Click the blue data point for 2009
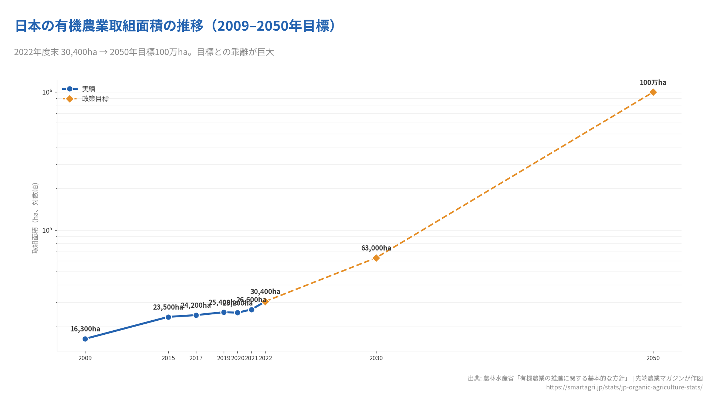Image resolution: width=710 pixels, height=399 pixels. pos(85,339)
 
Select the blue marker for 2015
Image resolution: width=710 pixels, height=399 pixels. pos(168,317)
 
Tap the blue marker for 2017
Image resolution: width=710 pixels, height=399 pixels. pos(196,315)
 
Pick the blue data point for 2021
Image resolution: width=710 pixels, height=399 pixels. pos(251,310)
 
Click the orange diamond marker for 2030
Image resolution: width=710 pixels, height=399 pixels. pos(376,258)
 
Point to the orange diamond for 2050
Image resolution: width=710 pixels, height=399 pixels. pos(653,92)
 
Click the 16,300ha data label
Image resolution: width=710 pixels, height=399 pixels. pos(85,329)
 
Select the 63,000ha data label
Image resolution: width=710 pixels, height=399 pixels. pos(376,248)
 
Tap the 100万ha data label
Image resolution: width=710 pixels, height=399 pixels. pos(653,82)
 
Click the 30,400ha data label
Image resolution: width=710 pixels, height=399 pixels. pos(265,291)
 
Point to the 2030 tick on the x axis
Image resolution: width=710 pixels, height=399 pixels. pos(376,358)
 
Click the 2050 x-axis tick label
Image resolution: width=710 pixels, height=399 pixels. pos(653,358)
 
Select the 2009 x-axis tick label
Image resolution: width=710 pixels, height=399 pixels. pos(85,358)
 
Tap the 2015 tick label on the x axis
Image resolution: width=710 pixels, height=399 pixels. pos(168,358)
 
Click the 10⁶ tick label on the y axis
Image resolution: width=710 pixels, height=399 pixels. pos(47,92)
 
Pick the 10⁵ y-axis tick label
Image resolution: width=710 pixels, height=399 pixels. pos(47,230)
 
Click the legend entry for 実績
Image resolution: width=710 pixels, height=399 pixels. pos(88,89)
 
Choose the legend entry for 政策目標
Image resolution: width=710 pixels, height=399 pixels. pos(95,99)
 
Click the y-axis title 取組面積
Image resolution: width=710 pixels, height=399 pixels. pos(35,218)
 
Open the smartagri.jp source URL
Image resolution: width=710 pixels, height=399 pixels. pos(624,387)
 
